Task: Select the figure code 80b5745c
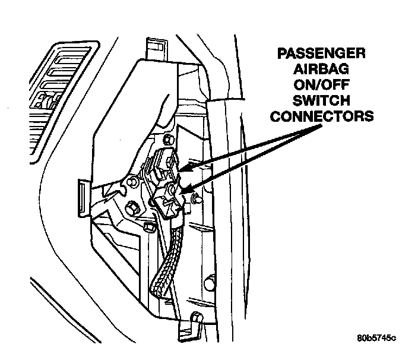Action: point(376,339)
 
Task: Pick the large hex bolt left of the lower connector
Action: point(132,207)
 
